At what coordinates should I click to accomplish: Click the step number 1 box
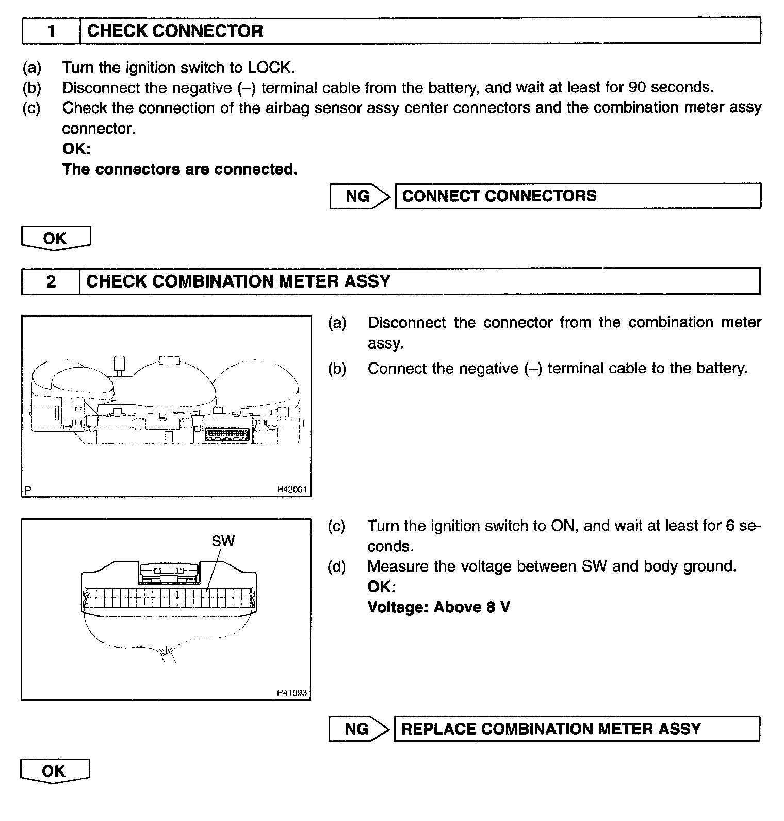[x=51, y=31]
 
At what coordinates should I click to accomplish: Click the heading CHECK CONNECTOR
[x=175, y=31]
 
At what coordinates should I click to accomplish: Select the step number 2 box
[x=51, y=281]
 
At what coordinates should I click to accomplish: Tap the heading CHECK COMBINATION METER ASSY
[x=238, y=281]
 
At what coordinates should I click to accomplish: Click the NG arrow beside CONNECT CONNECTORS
[x=360, y=196]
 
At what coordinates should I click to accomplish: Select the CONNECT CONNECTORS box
[x=578, y=196]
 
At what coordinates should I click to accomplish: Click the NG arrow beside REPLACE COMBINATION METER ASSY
[x=359, y=729]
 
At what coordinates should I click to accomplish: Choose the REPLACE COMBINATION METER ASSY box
[x=577, y=729]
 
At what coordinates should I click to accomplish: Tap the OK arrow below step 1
[x=56, y=239]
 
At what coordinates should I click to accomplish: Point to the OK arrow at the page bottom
[x=55, y=771]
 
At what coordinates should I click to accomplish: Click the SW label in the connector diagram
[x=223, y=541]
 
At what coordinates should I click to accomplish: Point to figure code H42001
[x=292, y=490]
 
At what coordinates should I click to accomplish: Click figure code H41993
[x=292, y=693]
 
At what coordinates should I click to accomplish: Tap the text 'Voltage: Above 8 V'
[x=438, y=607]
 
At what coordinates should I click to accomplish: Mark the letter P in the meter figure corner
[x=28, y=490]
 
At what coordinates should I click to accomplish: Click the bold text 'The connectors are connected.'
[x=179, y=169]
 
